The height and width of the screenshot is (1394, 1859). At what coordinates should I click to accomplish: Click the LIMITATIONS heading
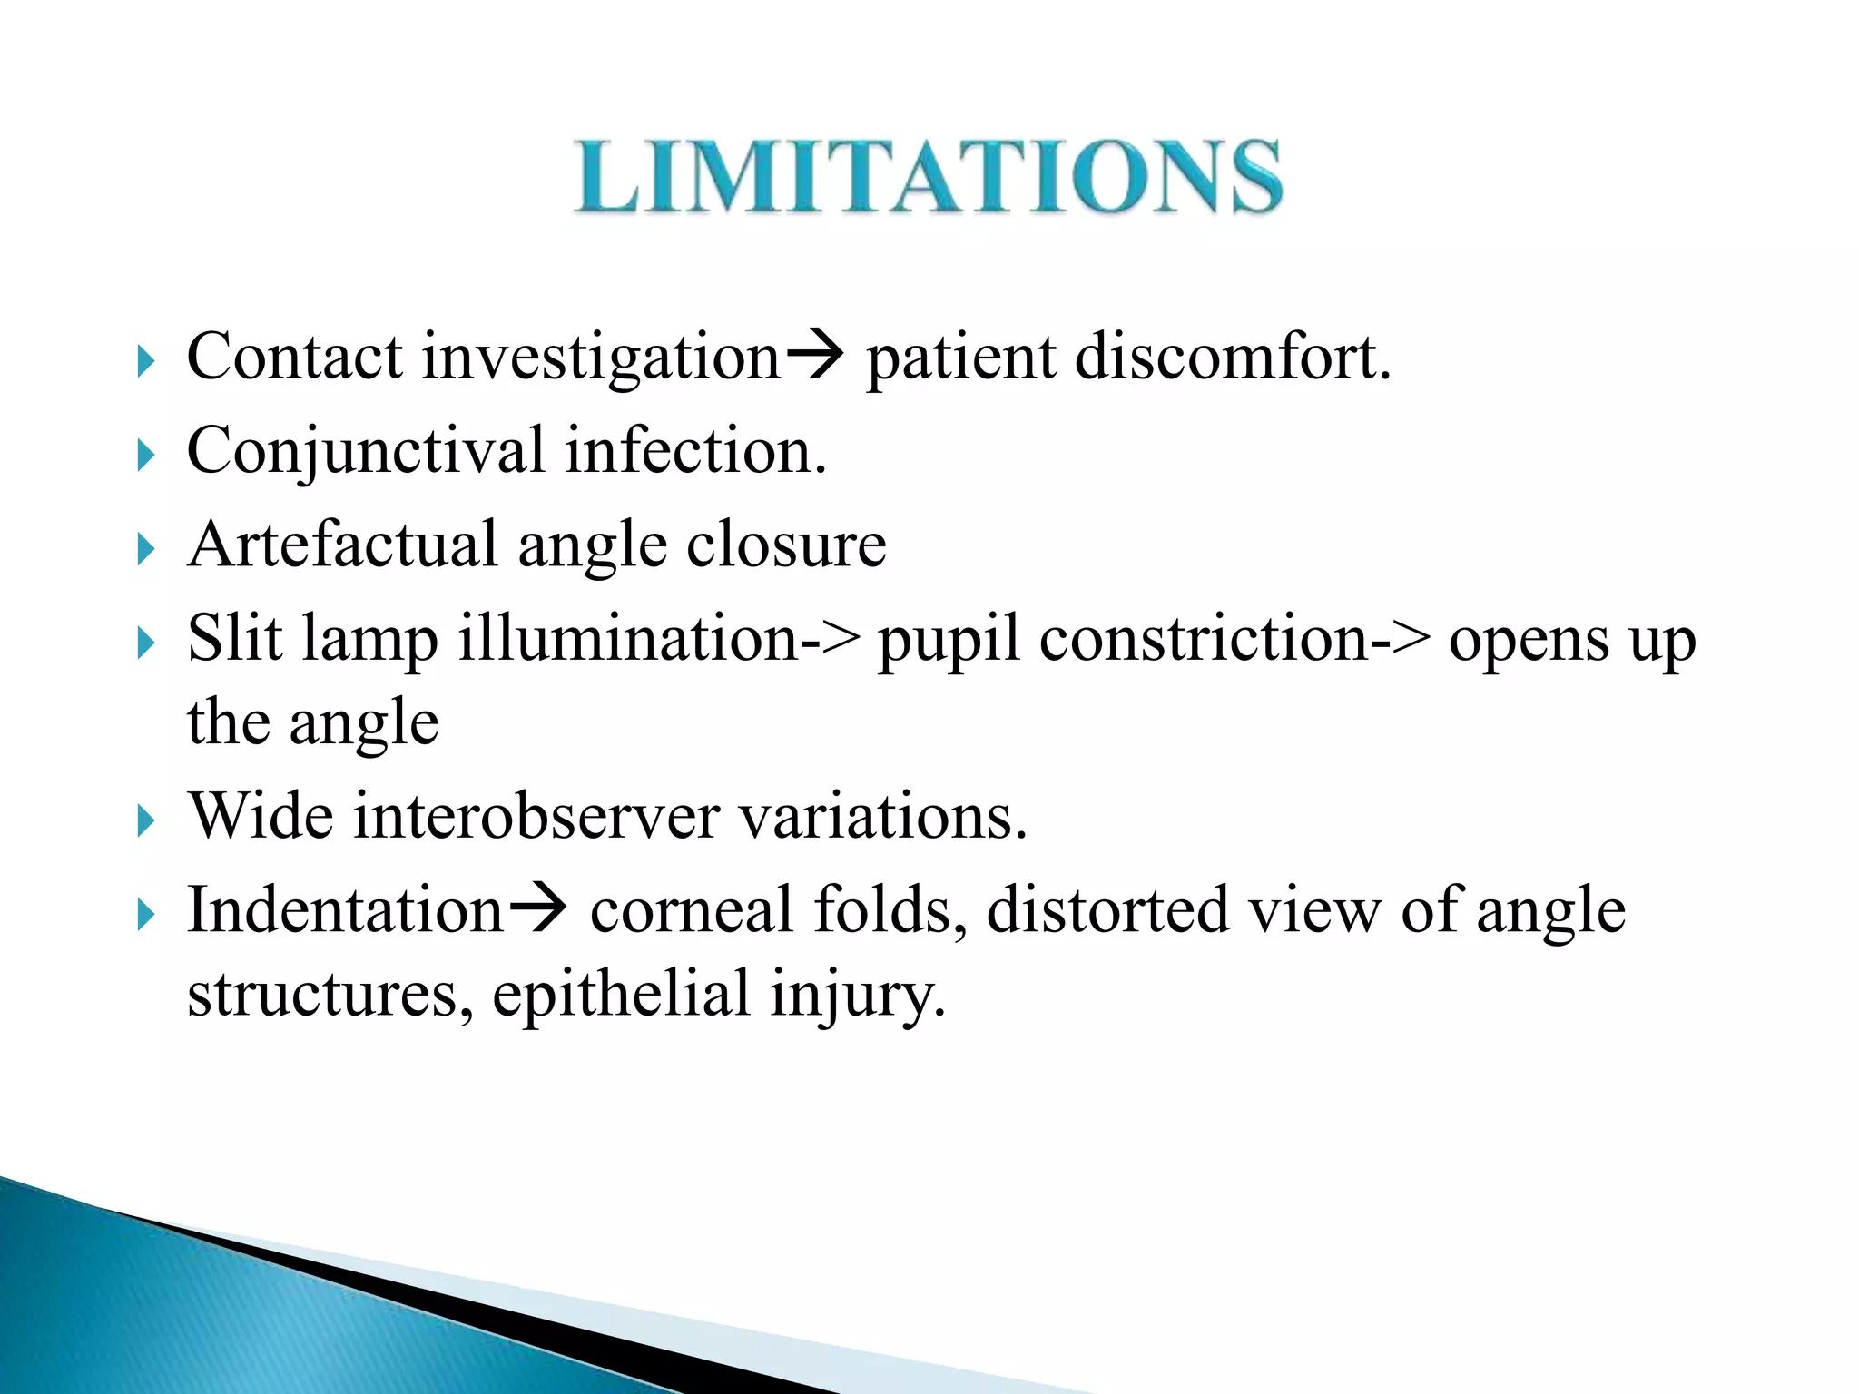tap(928, 177)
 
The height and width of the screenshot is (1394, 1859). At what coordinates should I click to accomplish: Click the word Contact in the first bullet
tap(294, 357)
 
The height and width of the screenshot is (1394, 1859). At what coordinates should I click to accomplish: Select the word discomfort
tap(1232, 357)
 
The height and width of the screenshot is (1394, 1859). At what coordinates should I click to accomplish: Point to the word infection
tap(695, 451)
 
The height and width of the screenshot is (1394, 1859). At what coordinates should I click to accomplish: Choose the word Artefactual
tap(343, 545)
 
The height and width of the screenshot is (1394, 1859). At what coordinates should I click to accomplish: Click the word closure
tap(786, 545)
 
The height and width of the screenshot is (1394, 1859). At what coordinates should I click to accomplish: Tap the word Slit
tap(234, 638)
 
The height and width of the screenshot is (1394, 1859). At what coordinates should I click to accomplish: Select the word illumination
tap(628, 638)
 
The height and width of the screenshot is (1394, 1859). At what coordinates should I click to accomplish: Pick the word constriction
tap(1204, 638)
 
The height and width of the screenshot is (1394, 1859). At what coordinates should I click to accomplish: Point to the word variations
tap(882, 816)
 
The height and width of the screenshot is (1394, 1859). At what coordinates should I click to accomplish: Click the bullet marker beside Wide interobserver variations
tap(145, 821)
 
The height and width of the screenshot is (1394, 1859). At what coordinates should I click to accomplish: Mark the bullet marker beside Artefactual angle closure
tap(145, 549)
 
